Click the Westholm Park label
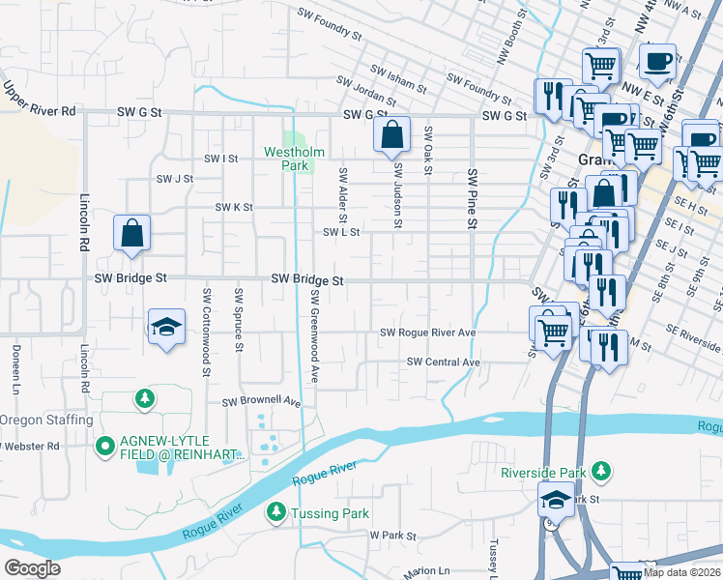287,159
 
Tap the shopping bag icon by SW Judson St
391,136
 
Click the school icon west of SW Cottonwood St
166,327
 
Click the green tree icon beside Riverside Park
601,471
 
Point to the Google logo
32,568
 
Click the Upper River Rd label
39,99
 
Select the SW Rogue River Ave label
427,333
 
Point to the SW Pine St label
473,198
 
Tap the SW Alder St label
342,192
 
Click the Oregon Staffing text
45,420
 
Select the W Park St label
391,536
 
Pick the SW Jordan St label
366,93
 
